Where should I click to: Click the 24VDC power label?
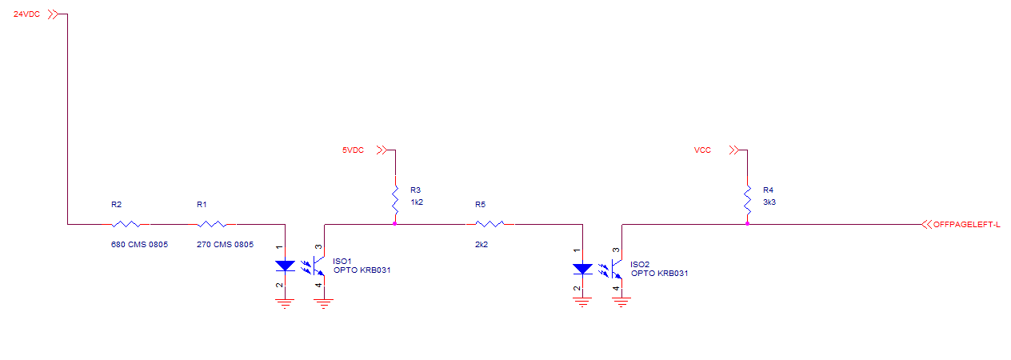26,14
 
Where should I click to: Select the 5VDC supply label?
353,150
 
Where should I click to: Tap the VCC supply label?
702,150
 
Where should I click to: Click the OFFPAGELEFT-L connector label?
966,225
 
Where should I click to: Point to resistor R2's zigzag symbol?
127,224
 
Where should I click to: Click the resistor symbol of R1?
212,224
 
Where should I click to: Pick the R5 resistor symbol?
490,224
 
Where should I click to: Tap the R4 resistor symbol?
747,200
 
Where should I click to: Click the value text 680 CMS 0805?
139,244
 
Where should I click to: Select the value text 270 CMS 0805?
225,244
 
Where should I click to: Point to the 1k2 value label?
416,202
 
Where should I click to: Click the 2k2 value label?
481,244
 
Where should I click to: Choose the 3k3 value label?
769,202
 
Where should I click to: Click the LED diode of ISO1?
286,266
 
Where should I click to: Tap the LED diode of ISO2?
582,268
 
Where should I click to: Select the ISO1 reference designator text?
342,261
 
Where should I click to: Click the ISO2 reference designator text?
640,264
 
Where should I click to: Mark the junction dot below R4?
747,224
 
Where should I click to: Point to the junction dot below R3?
395,224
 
